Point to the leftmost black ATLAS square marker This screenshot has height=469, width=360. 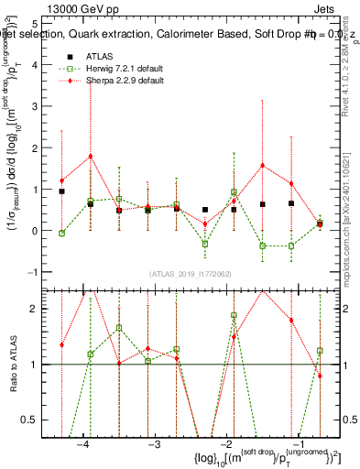click(x=61, y=191)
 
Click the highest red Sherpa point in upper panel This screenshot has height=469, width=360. click(x=91, y=156)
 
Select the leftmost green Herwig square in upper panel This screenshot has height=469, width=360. click(x=61, y=234)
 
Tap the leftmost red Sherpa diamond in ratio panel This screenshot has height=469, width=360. click(x=61, y=345)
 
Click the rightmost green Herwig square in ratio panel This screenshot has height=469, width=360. click(x=320, y=350)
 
